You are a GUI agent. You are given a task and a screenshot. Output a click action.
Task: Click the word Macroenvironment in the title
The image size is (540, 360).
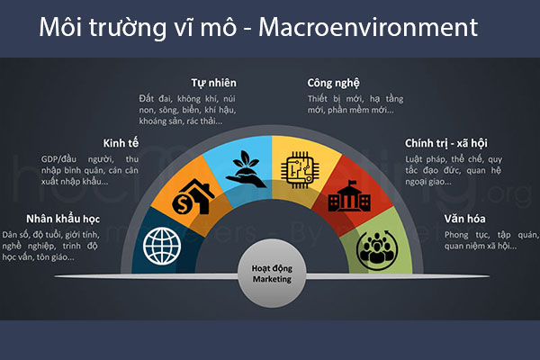pyautogui.click(x=368, y=28)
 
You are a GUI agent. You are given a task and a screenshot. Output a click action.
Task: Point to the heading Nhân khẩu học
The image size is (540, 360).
pyautogui.click(x=62, y=217)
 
